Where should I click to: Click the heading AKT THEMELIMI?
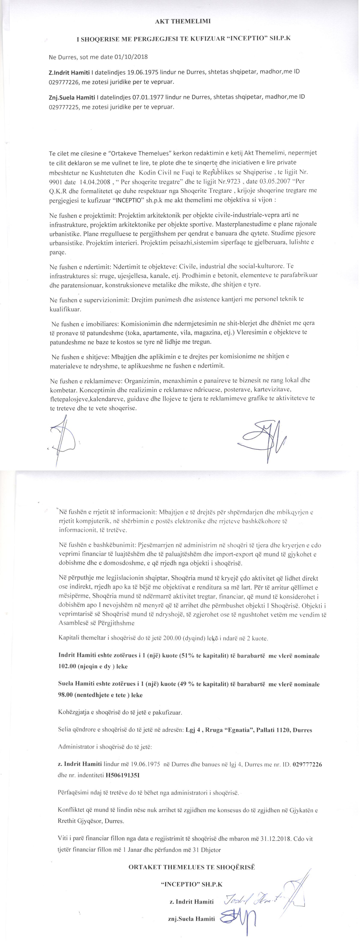click(x=183, y=21)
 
